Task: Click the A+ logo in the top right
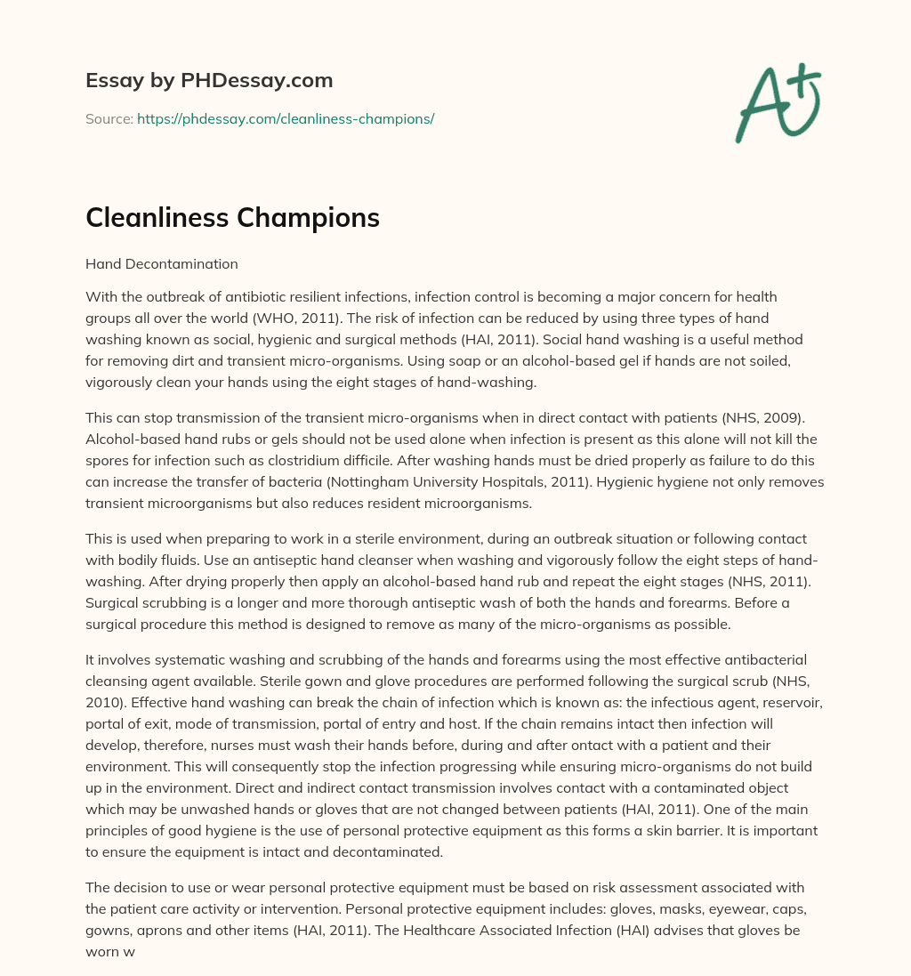coord(778,103)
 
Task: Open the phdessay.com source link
coord(285,118)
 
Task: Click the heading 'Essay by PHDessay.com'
coord(209,81)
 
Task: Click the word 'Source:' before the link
coord(109,118)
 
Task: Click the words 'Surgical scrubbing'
coord(144,602)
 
